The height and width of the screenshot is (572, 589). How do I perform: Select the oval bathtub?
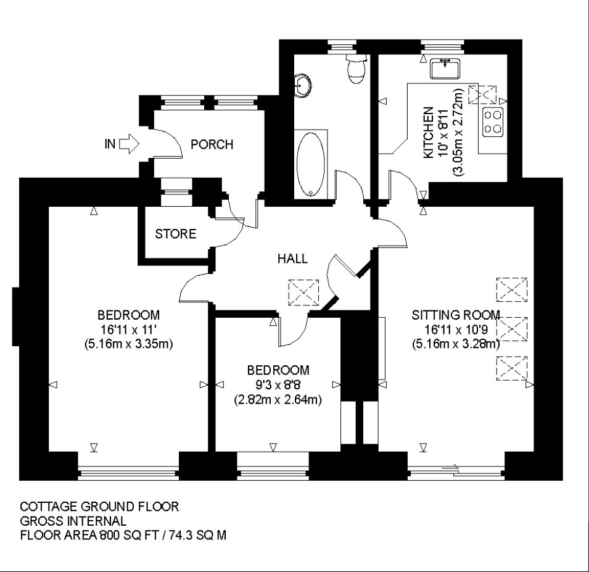point(311,164)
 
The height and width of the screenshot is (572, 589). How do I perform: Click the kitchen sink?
point(445,68)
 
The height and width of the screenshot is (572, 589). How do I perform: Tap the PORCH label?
point(212,144)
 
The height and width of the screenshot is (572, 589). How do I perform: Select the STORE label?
point(175,234)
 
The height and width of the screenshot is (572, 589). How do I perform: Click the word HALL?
point(292,259)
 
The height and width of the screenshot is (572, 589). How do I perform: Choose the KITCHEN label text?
point(429,133)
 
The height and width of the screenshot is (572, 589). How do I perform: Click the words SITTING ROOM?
point(456,315)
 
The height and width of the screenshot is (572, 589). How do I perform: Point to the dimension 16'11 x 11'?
point(128,330)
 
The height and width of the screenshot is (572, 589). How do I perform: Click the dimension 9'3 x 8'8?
point(278,385)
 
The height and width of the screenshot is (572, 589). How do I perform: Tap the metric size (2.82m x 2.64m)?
point(278,399)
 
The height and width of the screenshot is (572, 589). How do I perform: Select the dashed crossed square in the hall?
point(303,292)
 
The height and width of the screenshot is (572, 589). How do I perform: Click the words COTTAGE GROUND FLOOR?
point(99,507)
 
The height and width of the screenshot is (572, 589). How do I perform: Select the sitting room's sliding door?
point(456,471)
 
